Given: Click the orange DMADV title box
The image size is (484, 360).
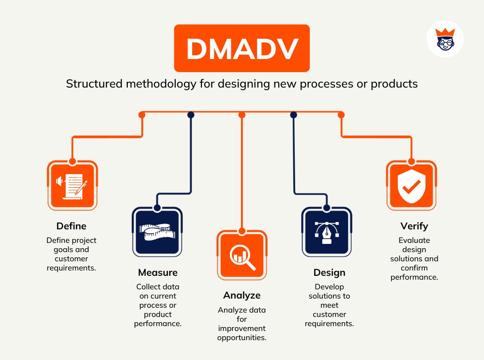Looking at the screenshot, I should (242, 48).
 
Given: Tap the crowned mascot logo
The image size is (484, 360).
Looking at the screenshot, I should (445, 39).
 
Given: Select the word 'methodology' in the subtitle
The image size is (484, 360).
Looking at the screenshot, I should (161, 84).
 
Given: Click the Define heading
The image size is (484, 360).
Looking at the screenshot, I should (71, 226).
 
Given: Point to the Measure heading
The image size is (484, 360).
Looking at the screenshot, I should (158, 272).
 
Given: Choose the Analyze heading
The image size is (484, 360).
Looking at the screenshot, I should (242, 295).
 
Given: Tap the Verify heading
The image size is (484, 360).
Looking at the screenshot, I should (414, 226).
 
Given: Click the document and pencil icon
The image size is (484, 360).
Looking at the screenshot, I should (72, 185).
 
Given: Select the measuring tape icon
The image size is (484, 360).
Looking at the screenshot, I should (157, 232).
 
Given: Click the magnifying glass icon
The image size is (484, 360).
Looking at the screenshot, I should (242, 255).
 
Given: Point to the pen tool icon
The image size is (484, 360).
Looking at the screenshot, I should (327, 232).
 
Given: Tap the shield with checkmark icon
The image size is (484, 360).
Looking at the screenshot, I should (411, 185).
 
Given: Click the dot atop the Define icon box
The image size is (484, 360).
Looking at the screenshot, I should (72, 161).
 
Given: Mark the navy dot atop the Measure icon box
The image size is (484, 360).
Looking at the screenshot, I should (157, 208).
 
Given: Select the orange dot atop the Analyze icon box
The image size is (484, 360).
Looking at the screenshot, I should (242, 231).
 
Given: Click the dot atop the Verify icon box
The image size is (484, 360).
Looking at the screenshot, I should (411, 161).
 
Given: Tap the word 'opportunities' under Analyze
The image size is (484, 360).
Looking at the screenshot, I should (242, 338).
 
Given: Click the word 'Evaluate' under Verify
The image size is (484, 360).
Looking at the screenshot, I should (414, 240).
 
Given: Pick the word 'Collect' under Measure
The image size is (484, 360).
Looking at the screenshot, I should (147, 286).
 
